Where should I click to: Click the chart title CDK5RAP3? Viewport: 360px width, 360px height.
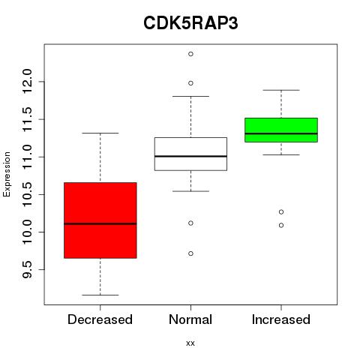tap(190, 23)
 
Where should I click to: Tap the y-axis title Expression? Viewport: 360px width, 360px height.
tap(7, 174)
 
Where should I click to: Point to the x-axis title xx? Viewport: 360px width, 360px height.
tap(190, 343)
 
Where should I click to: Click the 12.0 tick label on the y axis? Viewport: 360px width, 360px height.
tap(27, 82)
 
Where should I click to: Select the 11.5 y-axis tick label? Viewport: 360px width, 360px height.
tap(27, 119)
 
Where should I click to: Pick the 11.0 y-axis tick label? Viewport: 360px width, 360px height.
tap(27, 157)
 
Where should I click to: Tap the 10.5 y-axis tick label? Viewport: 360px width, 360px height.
tap(27, 194)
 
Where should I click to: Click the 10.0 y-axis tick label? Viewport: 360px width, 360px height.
tap(27, 232)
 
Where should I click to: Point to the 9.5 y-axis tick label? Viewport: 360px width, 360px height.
tap(27, 270)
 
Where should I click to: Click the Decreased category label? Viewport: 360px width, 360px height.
tap(100, 319)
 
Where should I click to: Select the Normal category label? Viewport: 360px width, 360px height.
tap(190, 319)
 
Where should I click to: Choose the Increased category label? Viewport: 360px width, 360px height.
tap(281, 319)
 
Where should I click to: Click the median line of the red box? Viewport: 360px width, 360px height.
tap(100, 223)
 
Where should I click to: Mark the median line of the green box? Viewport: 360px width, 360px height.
tap(281, 133)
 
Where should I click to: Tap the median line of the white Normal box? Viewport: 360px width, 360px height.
tap(190, 156)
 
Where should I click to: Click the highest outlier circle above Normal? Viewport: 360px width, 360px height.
tap(190, 54)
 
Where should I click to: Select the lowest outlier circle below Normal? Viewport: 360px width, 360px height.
tap(190, 253)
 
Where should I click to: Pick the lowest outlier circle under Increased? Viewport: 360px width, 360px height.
tap(281, 225)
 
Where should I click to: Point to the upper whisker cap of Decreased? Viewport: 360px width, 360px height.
tap(100, 133)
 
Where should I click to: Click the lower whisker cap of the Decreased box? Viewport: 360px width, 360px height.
tap(100, 295)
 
